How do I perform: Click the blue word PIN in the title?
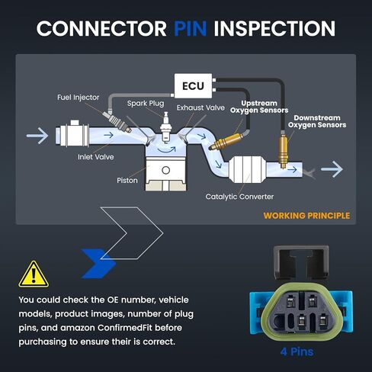(x=191, y=28)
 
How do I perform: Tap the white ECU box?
(x=193, y=86)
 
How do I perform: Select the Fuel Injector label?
(x=79, y=98)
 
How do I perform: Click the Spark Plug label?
(x=146, y=104)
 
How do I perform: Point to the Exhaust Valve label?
(x=200, y=107)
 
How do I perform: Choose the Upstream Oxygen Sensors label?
(x=259, y=107)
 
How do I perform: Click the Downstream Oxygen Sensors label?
(x=317, y=121)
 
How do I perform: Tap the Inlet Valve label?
(x=96, y=157)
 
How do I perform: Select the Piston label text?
(x=127, y=181)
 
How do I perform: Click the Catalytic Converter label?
(x=239, y=197)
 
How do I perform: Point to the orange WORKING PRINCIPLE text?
(x=306, y=216)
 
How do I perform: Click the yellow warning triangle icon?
(x=34, y=274)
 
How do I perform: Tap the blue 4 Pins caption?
(x=297, y=352)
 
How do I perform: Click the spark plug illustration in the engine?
(x=166, y=127)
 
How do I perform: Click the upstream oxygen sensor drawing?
(x=227, y=142)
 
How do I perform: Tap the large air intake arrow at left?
(x=37, y=136)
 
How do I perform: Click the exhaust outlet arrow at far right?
(x=332, y=169)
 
